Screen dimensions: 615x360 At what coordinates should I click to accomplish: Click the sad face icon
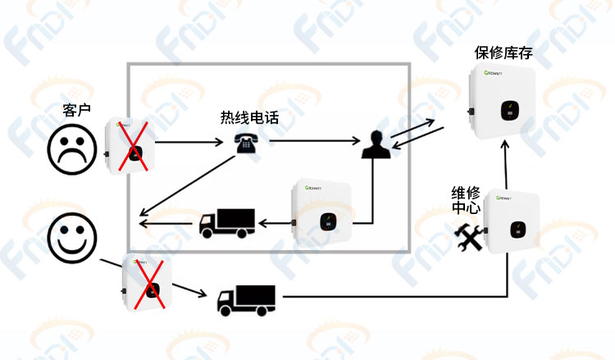pyautogui.click(x=72, y=149)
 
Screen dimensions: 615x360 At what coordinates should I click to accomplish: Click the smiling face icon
pyautogui.click(x=72, y=238)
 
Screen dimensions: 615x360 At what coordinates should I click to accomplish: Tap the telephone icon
pyautogui.click(x=246, y=144)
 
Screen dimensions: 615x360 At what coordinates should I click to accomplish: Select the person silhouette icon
pyautogui.click(x=376, y=144)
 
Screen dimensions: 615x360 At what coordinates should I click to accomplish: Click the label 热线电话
pyautogui.click(x=249, y=117)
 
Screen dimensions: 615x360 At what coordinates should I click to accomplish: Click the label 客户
pyautogui.click(x=76, y=110)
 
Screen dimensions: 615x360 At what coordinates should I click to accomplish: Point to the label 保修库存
pyautogui.click(x=503, y=52)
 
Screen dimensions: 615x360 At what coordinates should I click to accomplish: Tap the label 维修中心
pyautogui.click(x=466, y=200)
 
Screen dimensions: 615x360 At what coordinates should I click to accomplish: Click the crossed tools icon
pyautogui.click(x=469, y=238)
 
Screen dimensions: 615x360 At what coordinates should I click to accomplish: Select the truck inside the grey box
pyautogui.click(x=227, y=223)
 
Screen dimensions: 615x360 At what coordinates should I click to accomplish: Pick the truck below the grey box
pyautogui.click(x=246, y=300)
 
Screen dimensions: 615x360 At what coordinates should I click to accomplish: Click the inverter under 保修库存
pyautogui.click(x=502, y=101)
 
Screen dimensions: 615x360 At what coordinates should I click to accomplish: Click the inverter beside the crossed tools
pyautogui.click(x=511, y=222)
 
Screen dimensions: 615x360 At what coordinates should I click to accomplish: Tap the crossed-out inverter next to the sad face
pyautogui.click(x=130, y=145)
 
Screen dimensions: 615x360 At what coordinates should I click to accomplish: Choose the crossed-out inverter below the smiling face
pyautogui.click(x=147, y=282)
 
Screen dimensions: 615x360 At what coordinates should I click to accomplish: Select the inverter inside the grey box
pyautogui.click(x=321, y=212)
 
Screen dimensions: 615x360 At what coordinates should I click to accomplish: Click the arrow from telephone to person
pyautogui.click(x=315, y=140)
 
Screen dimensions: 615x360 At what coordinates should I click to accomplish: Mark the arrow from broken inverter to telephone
pyautogui.click(x=189, y=142)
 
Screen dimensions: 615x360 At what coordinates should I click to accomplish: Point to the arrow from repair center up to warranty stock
pyautogui.click(x=506, y=165)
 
